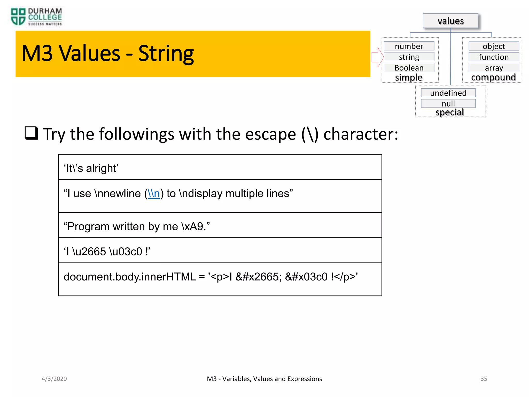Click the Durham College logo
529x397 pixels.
[36, 17]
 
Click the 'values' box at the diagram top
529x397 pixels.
[450, 21]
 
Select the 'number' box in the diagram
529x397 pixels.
[409, 46]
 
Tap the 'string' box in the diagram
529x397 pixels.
[409, 57]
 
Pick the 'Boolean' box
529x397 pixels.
[409, 68]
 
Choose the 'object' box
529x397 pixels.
[494, 46]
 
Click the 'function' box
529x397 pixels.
[494, 57]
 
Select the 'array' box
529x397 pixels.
[494, 68]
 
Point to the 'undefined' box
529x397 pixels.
[448, 93]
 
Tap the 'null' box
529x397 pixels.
[448, 104]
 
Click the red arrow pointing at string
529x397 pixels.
[377, 57]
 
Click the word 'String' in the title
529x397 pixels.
[166, 54]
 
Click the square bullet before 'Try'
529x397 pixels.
[31, 133]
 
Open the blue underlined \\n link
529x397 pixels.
[154, 194]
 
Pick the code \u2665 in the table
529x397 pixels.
[89, 251]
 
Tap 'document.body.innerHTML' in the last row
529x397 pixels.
[130, 277]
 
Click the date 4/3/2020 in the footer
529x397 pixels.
[54, 379]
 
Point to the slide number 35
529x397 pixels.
[484, 379]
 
